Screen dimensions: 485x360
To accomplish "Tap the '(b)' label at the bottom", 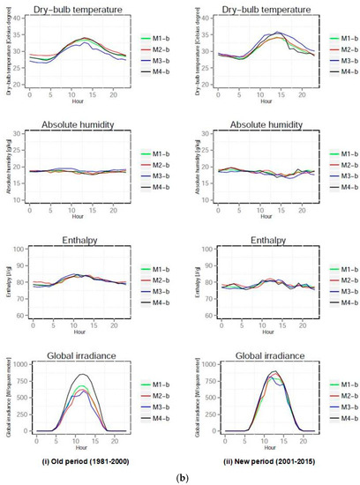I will (180, 476).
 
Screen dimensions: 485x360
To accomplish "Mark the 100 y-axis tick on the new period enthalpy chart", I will (206, 250).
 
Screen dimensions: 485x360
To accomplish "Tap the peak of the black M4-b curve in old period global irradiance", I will (83, 374).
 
